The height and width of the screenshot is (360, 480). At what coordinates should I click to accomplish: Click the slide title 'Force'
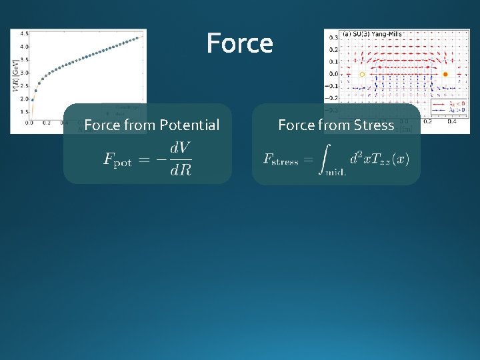coord(239,44)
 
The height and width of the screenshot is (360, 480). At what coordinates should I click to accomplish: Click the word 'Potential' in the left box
coord(189,125)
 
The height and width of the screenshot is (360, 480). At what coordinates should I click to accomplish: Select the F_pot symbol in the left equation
coord(118,161)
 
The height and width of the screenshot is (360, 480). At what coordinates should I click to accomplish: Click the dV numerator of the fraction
coord(180,147)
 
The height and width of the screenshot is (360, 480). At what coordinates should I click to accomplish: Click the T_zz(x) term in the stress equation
coord(389,159)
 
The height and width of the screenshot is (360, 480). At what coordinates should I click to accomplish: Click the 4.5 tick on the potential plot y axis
coord(24,33)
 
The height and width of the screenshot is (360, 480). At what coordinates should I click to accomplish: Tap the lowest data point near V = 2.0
coord(33,100)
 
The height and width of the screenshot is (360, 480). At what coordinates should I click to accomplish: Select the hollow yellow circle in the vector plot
coord(362,75)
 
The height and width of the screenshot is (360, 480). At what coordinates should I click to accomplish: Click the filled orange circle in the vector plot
coord(445,75)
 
